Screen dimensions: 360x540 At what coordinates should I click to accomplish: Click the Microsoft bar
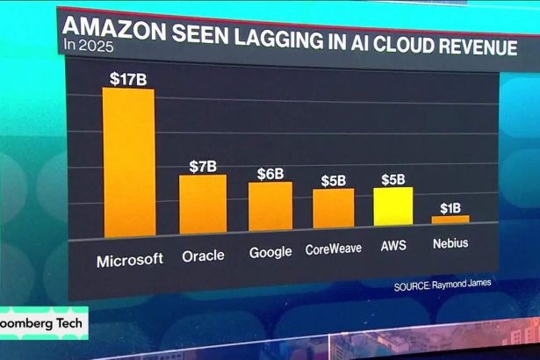[129, 162]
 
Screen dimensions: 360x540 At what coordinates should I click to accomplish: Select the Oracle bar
[203, 205]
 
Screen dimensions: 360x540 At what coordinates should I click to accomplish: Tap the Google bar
[270, 207]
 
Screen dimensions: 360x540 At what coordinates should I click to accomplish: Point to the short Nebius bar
[450, 219]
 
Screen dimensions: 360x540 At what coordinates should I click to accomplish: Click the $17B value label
[128, 78]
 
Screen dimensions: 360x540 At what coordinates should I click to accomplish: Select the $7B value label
[204, 166]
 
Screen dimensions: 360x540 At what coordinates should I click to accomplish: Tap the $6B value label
[270, 173]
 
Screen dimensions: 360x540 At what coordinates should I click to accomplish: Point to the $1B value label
[450, 207]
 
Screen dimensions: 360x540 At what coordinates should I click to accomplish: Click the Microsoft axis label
[129, 259]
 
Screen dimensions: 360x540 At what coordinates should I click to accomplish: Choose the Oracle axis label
[203, 256]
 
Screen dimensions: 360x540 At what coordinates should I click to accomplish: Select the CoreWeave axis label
[334, 249]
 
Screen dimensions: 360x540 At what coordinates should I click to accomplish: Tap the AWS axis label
[392, 248]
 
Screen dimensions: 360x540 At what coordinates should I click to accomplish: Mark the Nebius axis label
[450, 243]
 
